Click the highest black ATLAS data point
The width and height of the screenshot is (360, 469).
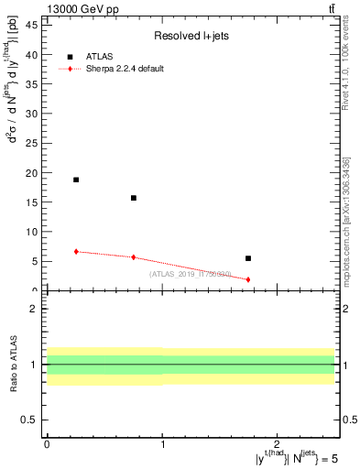[x=76, y=180]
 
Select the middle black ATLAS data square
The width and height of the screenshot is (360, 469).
[x=134, y=198]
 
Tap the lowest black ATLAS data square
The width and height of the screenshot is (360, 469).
[x=248, y=258]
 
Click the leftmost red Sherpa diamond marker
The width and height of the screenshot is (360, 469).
[x=76, y=251]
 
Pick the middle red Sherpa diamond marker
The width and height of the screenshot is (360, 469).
[x=134, y=257]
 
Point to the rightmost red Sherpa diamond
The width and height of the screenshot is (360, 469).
[x=248, y=279]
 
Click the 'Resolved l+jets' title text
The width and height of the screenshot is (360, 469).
[x=190, y=36]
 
